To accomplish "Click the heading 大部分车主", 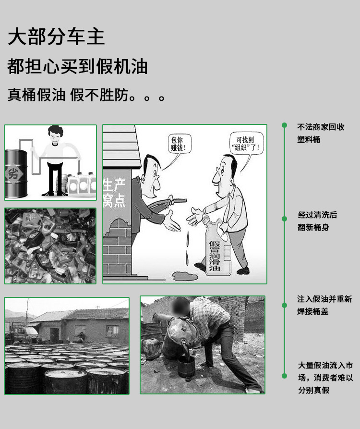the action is point(56,37).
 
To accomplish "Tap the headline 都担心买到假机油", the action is point(77,66).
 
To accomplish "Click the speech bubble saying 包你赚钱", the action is point(179,144).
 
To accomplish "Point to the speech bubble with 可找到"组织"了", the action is point(247,143).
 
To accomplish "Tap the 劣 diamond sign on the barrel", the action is point(13,173).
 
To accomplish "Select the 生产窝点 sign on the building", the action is point(115,193).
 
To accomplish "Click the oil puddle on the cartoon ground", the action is point(185,276).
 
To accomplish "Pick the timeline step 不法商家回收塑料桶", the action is point(321,133).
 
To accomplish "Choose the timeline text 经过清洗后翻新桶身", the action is point(317,221).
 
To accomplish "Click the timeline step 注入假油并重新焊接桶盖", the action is point(324,305).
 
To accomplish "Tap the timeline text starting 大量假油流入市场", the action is point(325,378).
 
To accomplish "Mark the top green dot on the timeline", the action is point(284,125).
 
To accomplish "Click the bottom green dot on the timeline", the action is point(284,376).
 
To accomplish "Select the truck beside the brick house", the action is point(21,331).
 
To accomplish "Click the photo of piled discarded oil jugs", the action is point(50,245).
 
